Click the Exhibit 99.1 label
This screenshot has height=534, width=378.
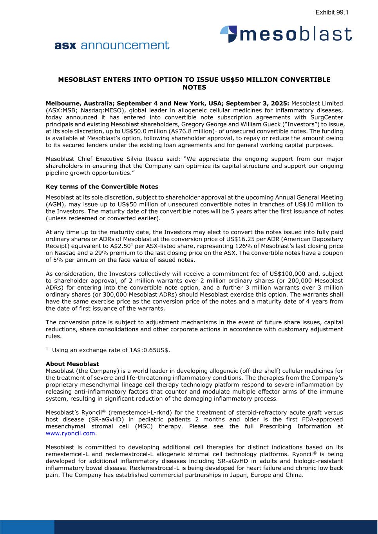point(332,13)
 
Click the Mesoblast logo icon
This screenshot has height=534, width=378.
point(229,34)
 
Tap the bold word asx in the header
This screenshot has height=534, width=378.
point(65,45)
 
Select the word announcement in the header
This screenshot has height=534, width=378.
point(125,45)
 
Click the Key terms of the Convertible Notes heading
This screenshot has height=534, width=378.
point(102,187)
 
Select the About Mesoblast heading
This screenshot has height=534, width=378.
point(72,364)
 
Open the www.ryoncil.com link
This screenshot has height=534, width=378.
point(71,433)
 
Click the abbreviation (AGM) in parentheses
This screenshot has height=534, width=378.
point(55,204)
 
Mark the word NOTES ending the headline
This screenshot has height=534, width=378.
point(194,87)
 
